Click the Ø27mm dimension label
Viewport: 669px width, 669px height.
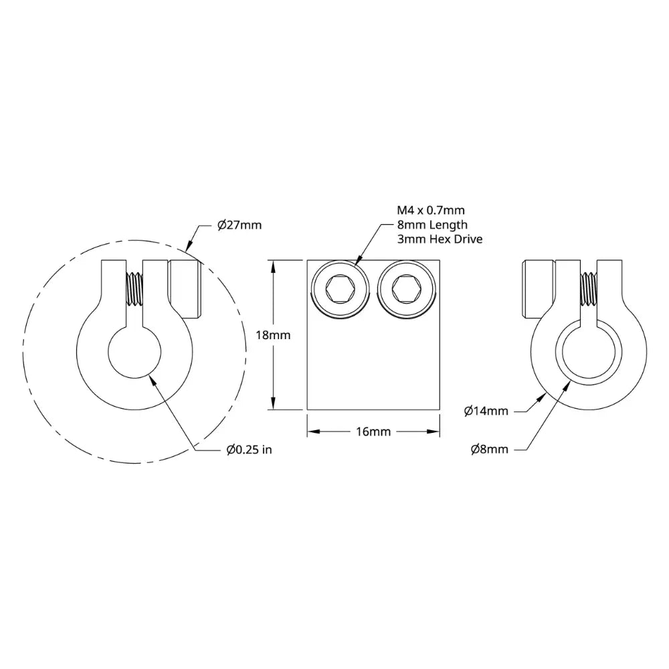[x=240, y=225]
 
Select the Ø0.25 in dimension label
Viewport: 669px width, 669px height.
[x=249, y=450]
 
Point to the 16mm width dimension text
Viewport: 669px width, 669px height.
[x=373, y=432]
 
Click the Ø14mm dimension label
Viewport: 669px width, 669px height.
[x=486, y=411]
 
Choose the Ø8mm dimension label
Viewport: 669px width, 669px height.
[x=489, y=450]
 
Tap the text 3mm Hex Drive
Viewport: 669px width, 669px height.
[x=440, y=239]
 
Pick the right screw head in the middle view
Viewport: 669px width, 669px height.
[x=405, y=290]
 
